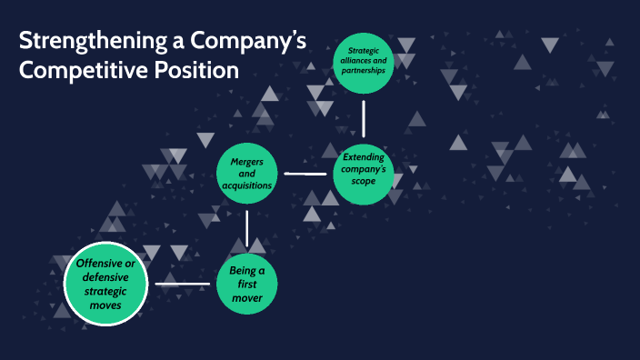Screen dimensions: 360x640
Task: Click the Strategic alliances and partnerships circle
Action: pos(365,63)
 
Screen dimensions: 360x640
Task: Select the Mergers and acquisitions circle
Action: pos(246,173)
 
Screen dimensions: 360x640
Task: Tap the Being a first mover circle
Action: pos(246,284)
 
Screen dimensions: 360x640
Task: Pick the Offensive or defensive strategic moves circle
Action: pos(105,284)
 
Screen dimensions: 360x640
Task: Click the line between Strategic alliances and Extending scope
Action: pos(364,118)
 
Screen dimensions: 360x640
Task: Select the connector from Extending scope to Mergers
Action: pos(305,173)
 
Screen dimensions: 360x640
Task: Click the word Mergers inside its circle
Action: pos(246,162)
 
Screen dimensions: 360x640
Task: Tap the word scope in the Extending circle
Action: pos(365,181)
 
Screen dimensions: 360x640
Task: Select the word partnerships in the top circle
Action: pos(365,71)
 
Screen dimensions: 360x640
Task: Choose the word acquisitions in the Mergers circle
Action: pos(246,185)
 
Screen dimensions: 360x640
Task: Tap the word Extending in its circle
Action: pos(365,157)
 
